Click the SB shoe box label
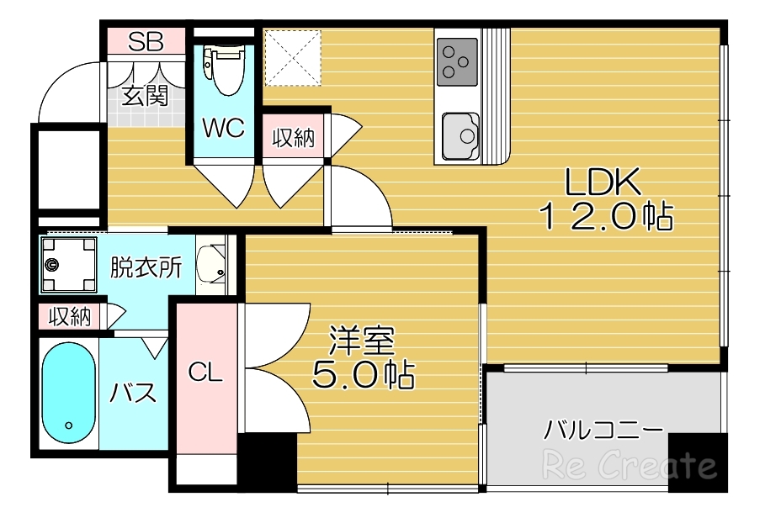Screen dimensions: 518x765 click(x=146, y=43)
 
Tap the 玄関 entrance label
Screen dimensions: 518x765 click(x=145, y=96)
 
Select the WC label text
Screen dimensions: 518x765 click(x=223, y=129)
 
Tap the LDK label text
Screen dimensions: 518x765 click(x=603, y=182)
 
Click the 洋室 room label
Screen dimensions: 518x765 click(x=362, y=341)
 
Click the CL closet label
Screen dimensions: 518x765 click(x=205, y=373)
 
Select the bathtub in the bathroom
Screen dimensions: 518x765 click(x=68, y=394)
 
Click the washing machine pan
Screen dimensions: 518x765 click(x=70, y=263)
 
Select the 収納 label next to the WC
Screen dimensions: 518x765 click(x=293, y=137)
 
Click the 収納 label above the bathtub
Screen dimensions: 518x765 click(x=69, y=317)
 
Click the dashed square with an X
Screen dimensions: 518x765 click(x=293, y=57)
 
